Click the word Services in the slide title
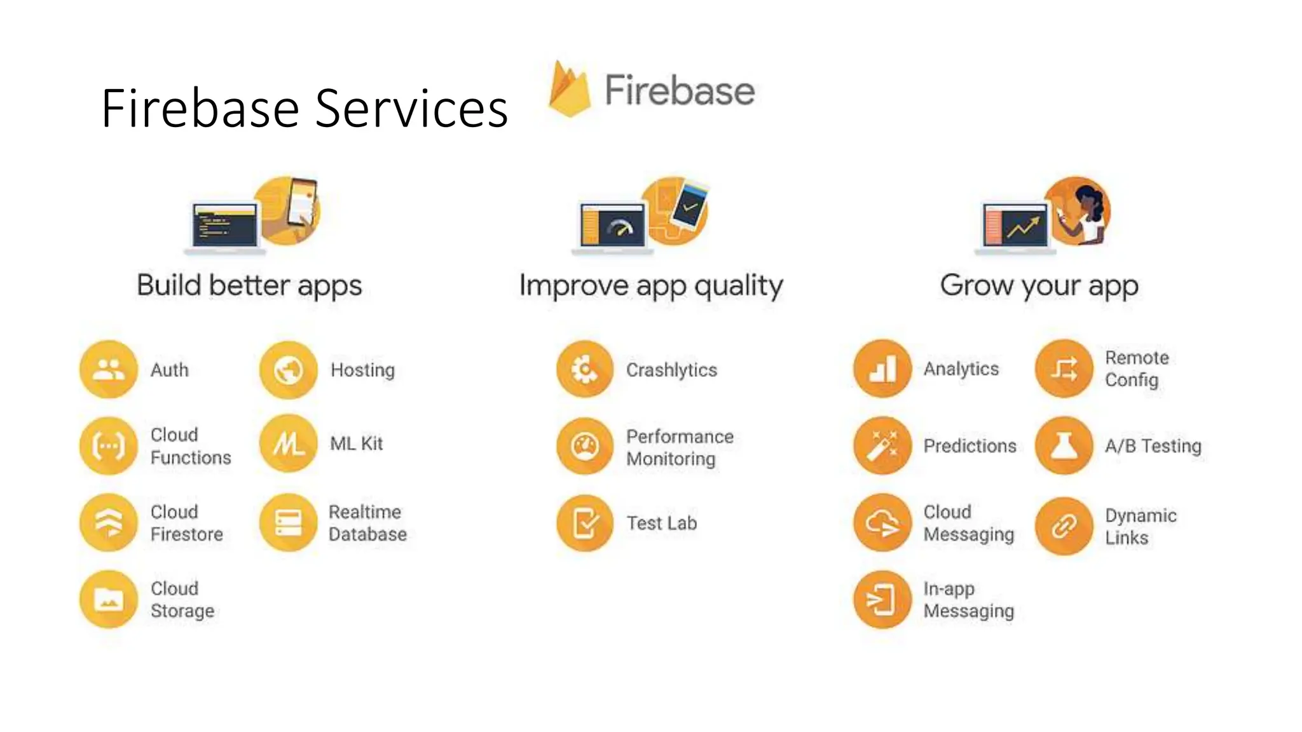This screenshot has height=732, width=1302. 411,109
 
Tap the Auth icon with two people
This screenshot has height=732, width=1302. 109,369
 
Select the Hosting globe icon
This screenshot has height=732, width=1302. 288,370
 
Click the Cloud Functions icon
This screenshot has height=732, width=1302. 109,446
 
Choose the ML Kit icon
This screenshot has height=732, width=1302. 288,444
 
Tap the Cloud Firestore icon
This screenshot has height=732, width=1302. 109,522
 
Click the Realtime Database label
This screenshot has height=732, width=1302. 367,523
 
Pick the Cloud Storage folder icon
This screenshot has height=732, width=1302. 109,599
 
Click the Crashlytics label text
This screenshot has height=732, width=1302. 671,370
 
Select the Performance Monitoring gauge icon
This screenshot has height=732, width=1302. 585,446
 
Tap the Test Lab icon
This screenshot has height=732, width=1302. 585,523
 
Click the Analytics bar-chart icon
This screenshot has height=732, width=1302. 882,369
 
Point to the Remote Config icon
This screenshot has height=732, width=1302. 1064,369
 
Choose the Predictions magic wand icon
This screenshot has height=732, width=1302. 882,446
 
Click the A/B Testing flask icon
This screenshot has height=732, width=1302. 1064,446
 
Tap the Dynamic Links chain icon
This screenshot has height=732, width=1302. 1064,525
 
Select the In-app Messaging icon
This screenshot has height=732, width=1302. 882,599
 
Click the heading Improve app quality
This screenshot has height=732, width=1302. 651,285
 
